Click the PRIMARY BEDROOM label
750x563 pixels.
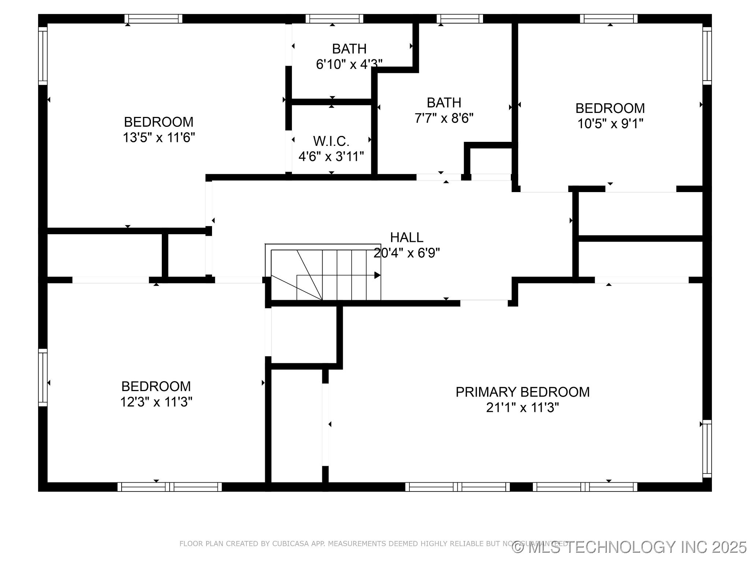coord(522,392)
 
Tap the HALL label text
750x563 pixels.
coord(406,238)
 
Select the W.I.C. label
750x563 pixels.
coord(331,141)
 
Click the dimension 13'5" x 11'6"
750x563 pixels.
coord(159,138)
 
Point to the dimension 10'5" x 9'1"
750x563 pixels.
coord(610,124)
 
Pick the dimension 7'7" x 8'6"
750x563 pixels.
coord(444,118)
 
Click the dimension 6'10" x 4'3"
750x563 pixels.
coord(349,65)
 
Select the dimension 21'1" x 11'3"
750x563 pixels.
coord(522,408)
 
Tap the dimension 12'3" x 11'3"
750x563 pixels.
coord(156,402)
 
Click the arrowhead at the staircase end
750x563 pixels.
coord(377,275)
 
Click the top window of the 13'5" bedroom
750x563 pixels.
coord(153,19)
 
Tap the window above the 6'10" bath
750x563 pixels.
coord(334,19)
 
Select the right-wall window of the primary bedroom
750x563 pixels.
coord(707,449)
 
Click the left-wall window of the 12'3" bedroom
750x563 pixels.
coord(43,378)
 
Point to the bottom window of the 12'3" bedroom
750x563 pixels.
coord(170,487)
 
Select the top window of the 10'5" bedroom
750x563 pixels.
coord(609,19)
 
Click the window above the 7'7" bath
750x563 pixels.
coord(460,19)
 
